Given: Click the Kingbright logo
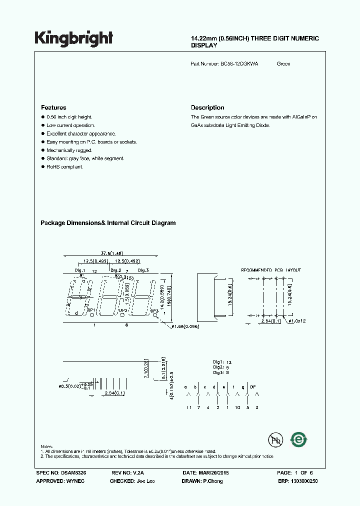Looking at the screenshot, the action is tap(73, 38).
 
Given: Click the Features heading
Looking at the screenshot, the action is tap(53, 107).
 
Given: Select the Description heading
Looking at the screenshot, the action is tap(207, 107).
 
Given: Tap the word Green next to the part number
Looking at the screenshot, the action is tap(283, 63).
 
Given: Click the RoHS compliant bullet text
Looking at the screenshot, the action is tap(64, 166).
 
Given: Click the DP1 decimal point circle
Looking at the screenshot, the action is tap(91, 315).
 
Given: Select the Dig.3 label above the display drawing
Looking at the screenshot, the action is tap(143, 270).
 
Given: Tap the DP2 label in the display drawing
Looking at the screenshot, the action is tap(123, 310).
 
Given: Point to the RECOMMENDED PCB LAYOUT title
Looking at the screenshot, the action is tap(271, 270).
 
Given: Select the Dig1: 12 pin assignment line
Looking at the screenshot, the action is tap(222, 361).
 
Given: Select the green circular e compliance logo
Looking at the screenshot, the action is tap(299, 439).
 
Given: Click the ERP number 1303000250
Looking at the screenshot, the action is tap(301, 481).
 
